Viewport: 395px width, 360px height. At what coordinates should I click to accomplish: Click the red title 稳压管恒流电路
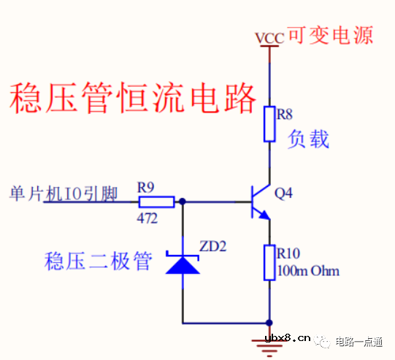coord(134,98)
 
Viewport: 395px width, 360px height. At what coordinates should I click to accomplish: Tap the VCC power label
coord(269,37)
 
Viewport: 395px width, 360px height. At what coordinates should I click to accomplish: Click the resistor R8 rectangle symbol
coord(270,123)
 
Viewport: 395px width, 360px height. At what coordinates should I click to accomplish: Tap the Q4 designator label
coord(284,194)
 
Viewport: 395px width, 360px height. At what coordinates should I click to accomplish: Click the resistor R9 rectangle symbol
coord(156,201)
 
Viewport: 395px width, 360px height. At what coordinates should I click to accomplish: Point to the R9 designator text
coord(147,187)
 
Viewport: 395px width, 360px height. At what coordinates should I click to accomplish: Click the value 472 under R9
coord(147,217)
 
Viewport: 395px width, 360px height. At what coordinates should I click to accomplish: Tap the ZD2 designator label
coord(213,246)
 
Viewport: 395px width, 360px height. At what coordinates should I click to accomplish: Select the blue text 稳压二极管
coord(99,261)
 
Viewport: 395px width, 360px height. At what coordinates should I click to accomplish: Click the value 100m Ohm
coord(308,272)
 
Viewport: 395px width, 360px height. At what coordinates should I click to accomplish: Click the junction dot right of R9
coord(183,201)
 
